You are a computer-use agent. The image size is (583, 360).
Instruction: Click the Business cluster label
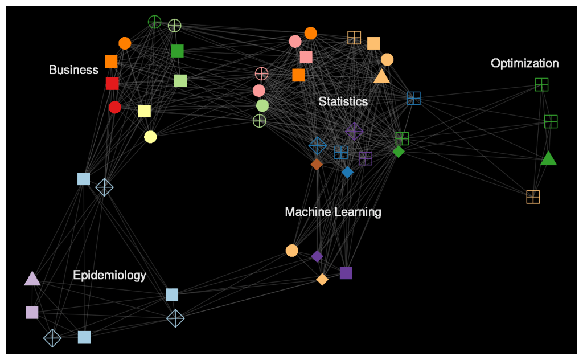click(73, 70)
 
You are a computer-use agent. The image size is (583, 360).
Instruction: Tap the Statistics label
click(343, 101)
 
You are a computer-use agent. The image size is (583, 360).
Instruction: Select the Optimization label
click(524, 63)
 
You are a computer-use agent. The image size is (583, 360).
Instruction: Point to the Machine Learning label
click(333, 212)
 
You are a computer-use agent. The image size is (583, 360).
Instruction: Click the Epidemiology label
click(109, 275)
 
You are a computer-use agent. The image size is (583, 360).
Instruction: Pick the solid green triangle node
click(548, 158)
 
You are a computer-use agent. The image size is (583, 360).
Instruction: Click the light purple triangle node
click(32, 279)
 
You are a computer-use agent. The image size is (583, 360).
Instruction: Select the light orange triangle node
click(381, 76)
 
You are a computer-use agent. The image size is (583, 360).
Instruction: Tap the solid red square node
click(112, 84)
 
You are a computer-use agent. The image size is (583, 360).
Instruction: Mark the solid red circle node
click(115, 107)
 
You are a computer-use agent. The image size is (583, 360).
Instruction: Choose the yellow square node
click(145, 111)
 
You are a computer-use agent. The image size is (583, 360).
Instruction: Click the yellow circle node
click(150, 137)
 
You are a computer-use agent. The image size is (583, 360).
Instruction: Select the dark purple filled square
click(346, 273)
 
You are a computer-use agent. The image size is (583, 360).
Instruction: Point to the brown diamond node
click(317, 164)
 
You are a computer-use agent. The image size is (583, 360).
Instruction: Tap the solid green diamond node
click(399, 152)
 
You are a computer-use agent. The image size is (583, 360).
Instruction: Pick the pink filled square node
click(306, 57)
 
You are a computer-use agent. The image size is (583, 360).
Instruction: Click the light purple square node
click(32, 312)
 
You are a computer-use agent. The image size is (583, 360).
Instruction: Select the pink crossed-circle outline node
click(261, 73)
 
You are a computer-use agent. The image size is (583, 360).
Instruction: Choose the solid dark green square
click(177, 51)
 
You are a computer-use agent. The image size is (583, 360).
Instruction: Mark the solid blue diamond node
click(347, 172)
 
